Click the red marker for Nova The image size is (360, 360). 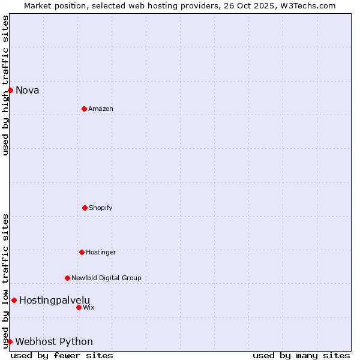10,90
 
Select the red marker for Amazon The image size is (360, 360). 84,109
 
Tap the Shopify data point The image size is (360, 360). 85,208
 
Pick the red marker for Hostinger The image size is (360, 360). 82,252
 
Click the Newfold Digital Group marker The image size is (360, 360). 67,278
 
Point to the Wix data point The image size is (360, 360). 79,307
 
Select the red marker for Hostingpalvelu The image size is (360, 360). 14,300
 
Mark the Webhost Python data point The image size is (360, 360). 10,341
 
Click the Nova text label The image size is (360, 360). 28,91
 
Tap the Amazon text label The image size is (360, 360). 101,109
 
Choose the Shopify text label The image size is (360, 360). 101,208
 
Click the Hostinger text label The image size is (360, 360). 101,252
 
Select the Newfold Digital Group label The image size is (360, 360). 106,278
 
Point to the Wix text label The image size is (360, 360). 89,307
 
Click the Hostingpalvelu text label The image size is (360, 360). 55,300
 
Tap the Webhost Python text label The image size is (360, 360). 54,342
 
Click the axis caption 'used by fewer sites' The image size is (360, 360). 62,355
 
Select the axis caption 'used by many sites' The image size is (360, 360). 301,355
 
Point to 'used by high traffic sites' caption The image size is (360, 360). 5,85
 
